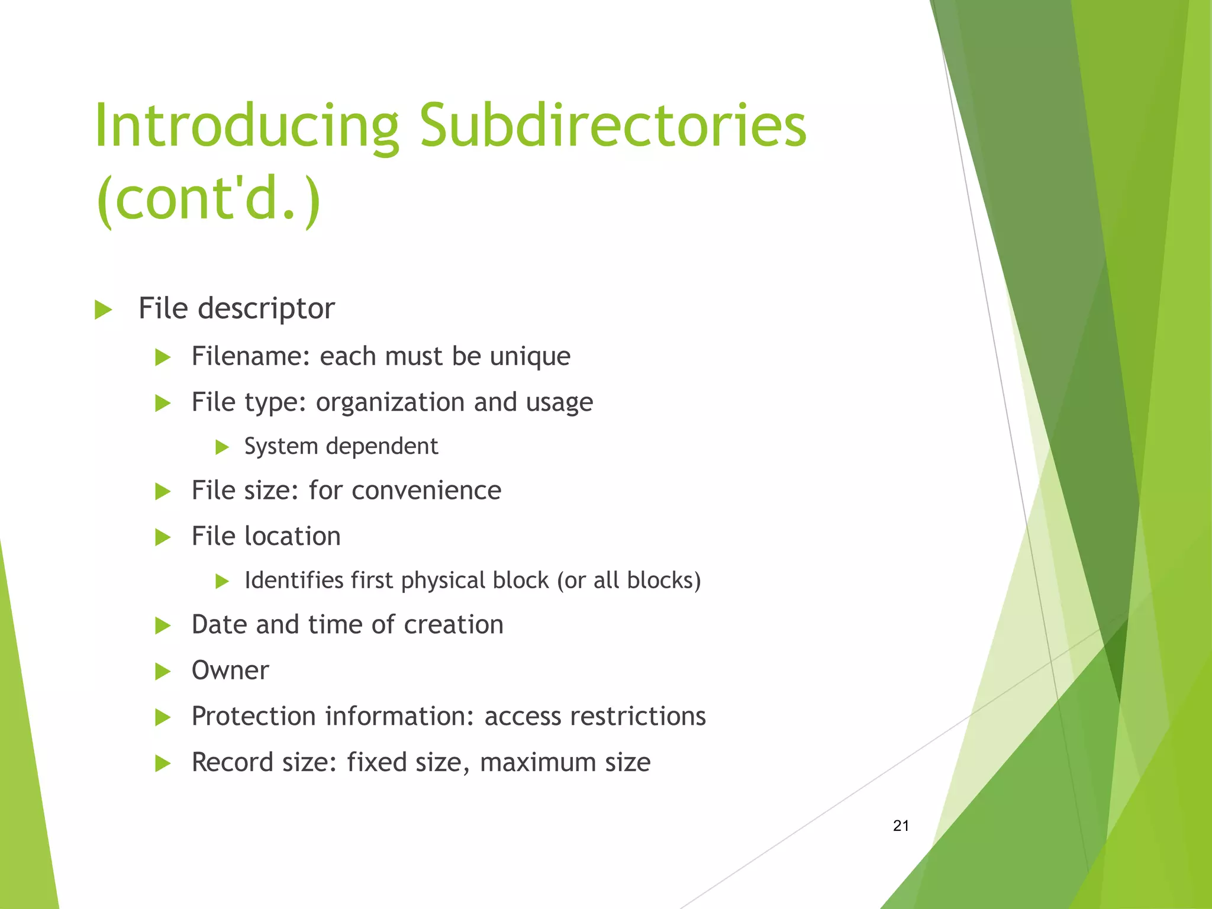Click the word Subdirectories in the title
coord(613,126)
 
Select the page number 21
coord(901,826)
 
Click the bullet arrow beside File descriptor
coord(103,310)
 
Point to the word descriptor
coord(266,309)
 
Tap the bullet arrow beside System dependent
coord(222,447)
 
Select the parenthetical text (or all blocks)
coord(628,581)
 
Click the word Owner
coord(230,671)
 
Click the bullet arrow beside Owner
coord(162,672)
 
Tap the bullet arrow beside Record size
coord(162,763)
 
